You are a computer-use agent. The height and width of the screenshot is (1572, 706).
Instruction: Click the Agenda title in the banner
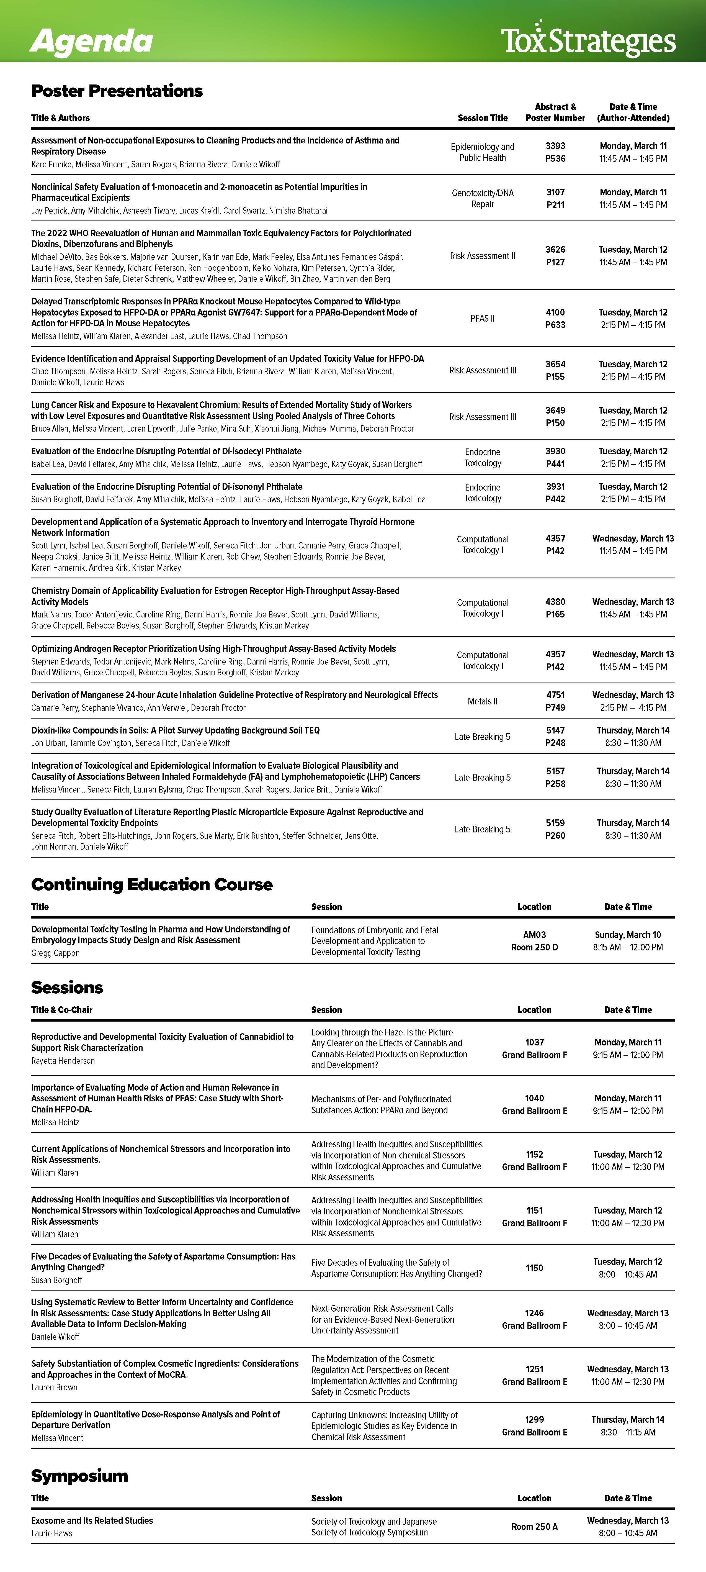[x=92, y=42]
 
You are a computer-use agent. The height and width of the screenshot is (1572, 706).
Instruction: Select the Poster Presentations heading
[x=117, y=91]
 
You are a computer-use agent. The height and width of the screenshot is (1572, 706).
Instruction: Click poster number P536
[x=555, y=159]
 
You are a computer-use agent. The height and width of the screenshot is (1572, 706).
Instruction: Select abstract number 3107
[x=555, y=192]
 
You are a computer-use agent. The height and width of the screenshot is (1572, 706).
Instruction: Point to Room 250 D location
[x=535, y=947]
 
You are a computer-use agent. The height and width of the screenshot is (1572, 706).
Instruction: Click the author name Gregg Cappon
[x=56, y=953]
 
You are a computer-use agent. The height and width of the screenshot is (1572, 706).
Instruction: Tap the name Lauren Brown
[x=54, y=1387]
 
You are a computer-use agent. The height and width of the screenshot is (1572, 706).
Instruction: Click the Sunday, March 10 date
[x=628, y=935]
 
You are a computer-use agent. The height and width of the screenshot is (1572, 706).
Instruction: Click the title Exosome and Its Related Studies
[x=92, y=1521]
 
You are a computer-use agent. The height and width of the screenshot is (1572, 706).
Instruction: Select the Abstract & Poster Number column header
[x=555, y=112]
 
